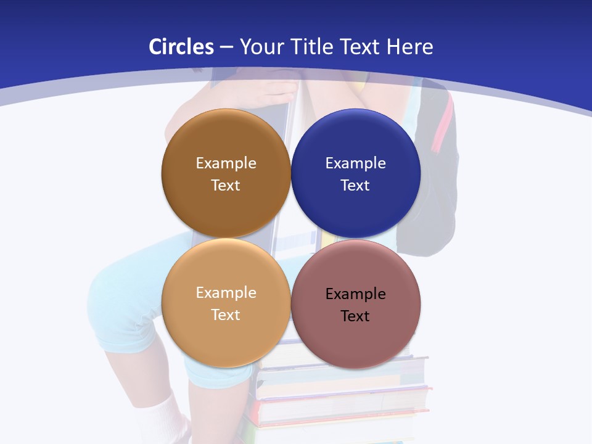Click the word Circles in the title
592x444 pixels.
[x=181, y=47]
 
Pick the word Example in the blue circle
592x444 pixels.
[x=355, y=163]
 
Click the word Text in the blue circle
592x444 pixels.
[x=355, y=186]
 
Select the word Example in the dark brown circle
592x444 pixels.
[x=226, y=163]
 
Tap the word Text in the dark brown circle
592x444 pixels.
[x=226, y=186]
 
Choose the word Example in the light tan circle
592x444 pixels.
[x=226, y=293]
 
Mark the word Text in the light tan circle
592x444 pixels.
[x=226, y=315]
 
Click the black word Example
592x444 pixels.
[x=355, y=294]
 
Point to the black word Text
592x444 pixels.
[x=355, y=316]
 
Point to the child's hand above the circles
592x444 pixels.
[x=271, y=92]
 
